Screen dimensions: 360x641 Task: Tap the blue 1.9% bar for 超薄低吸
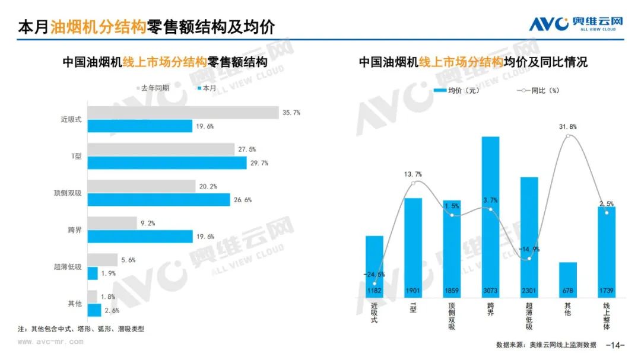[x=93, y=273]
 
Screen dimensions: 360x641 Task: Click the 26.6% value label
[x=244, y=200]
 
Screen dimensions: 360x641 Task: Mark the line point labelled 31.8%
[x=568, y=136]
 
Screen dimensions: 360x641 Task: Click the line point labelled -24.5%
[x=375, y=283]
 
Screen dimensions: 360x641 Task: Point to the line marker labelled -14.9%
[x=529, y=258]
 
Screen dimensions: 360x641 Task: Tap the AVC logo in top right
[x=576, y=24]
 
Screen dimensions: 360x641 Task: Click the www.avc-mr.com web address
[x=50, y=342]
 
